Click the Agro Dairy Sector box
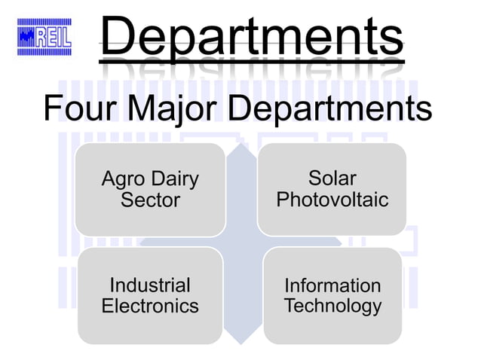[x=150, y=189]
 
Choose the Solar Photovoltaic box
[x=332, y=189]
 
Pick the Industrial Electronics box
[x=150, y=295]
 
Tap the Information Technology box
[x=332, y=295]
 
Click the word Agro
[x=124, y=179]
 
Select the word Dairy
[x=174, y=179]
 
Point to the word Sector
[x=150, y=200]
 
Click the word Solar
[x=332, y=178]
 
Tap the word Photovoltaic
[x=332, y=200]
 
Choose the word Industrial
[x=150, y=285]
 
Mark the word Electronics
[x=150, y=306]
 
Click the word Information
[x=332, y=285]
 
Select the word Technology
[x=332, y=306]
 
